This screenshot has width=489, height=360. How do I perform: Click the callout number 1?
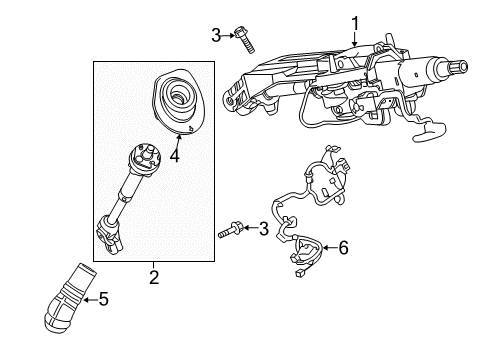point(355,24)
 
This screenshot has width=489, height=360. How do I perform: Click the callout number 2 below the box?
point(154,277)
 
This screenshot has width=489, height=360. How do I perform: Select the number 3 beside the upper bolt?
point(216,35)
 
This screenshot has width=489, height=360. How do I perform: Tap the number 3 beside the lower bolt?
point(263,229)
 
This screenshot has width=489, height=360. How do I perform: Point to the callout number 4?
point(175,155)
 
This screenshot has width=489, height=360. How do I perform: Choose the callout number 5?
point(104,299)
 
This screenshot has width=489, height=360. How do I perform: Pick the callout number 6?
point(343,248)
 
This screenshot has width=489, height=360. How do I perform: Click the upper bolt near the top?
point(244,40)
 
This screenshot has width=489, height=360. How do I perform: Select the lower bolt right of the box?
point(230,231)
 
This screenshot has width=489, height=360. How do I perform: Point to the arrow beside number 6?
point(330,248)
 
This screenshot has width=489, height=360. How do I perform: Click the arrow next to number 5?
point(90,300)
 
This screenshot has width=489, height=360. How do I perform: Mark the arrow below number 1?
point(354,39)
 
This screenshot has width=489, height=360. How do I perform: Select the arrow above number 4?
point(178,141)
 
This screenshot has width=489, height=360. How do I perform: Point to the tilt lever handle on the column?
point(429,131)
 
